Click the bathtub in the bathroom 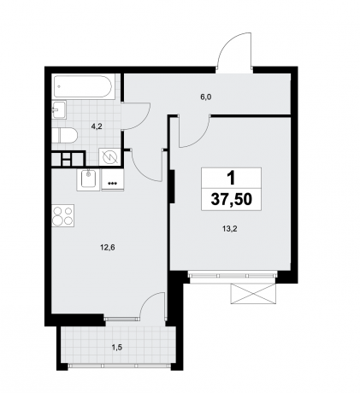pyautogui.click(x=83, y=87)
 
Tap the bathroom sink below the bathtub pyautogui.click(x=60, y=109)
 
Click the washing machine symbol pyautogui.click(x=110, y=157)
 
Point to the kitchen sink pyautogui.click(x=88, y=179)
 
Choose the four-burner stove pyautogui.click(x=62, y=215)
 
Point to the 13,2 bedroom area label pyautogui.click(x=228, y=228)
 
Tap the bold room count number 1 pyautogui.click(x=229, y=177)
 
